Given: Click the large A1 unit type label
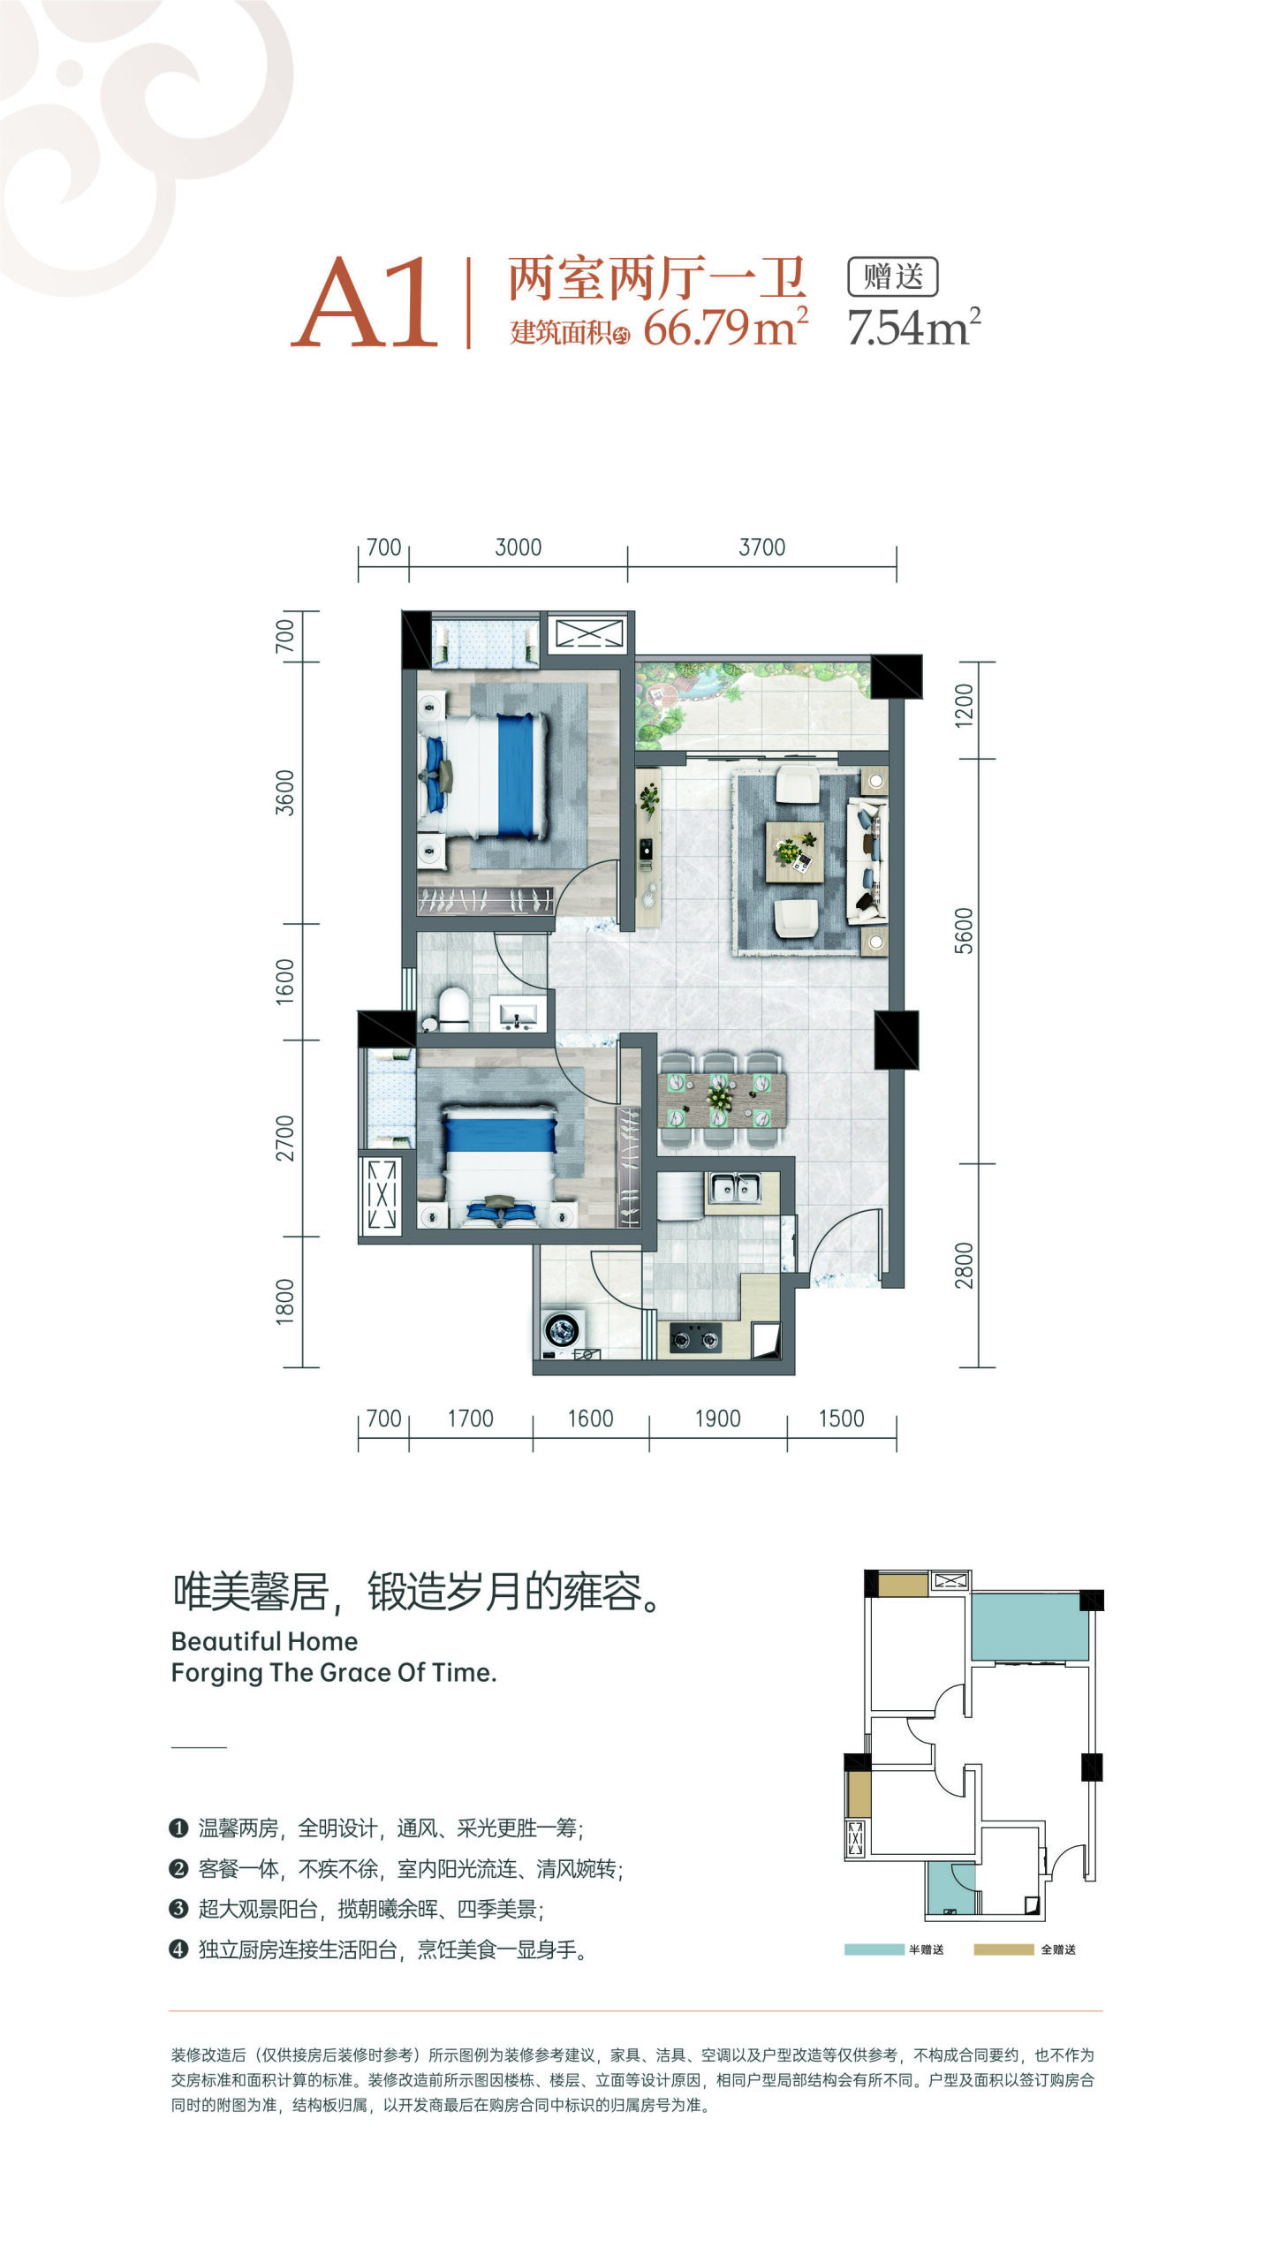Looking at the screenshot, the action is click(365, 303).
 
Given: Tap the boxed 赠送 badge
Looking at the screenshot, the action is click(892, 276).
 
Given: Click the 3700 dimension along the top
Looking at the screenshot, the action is click(761, 547).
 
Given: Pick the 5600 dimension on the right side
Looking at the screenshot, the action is click(964, 930).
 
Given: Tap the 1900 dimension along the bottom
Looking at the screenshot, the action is click(717, 1418).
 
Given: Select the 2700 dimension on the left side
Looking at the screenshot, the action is click(284, 1138).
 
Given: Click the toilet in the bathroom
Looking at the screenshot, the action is click(453, 1009).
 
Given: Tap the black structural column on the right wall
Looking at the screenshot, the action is click(897, 1040).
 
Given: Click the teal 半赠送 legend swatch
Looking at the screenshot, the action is click(874, 1949).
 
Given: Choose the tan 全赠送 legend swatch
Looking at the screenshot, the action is click(1003, 1949).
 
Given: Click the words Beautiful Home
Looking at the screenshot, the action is click(264, 1640).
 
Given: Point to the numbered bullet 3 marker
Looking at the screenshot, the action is click(178, 1908).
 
